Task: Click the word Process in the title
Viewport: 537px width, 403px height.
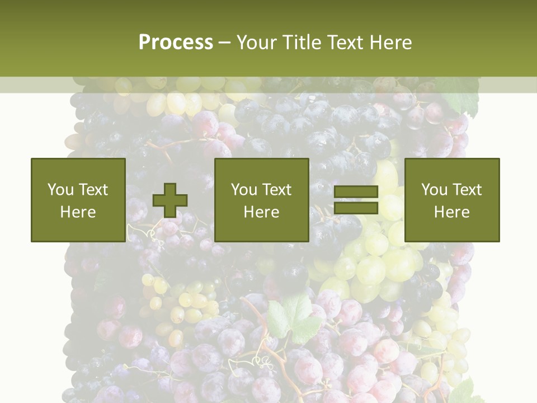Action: (176, 43)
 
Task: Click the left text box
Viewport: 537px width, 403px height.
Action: (78, 200)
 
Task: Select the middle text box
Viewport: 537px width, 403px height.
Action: (262, 200)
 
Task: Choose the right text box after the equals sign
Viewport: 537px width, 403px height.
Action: (452, 200)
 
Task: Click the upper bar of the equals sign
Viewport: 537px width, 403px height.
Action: (356, 191)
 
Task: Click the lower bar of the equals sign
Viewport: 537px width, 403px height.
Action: (356, 208)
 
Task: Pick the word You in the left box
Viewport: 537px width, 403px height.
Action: (60, 190)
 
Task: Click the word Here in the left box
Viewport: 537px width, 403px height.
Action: (78, 212)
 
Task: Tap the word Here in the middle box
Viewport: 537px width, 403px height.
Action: (262, 212)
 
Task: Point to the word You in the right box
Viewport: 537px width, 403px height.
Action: (434, 190)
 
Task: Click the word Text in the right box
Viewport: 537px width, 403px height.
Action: (467, 190)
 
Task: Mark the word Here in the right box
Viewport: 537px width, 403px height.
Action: (452, 212)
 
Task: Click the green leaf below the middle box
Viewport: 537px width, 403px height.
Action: (291, 316)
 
